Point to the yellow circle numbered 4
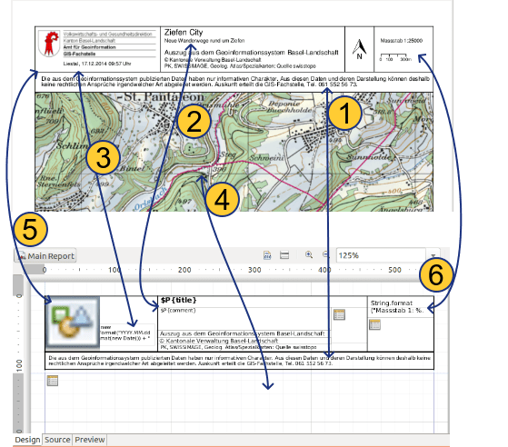coord(223,199)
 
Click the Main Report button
coord(46,256)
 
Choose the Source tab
coord(58,440)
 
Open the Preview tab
coord(89,440)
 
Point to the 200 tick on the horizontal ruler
coord(184,271)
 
